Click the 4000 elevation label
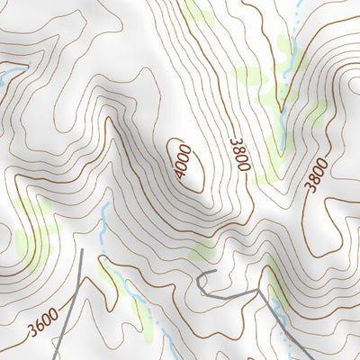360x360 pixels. pyautogui.click(x=185, y=161)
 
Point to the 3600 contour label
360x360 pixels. pyautogui.click(x=42, y=322)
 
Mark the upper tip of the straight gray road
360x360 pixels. pyautogui.click(x=83, y=249)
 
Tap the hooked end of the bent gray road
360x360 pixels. pyautogui.click(x=199, y=274)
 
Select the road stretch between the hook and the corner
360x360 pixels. pyautogui.click(x=229, y=293)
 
